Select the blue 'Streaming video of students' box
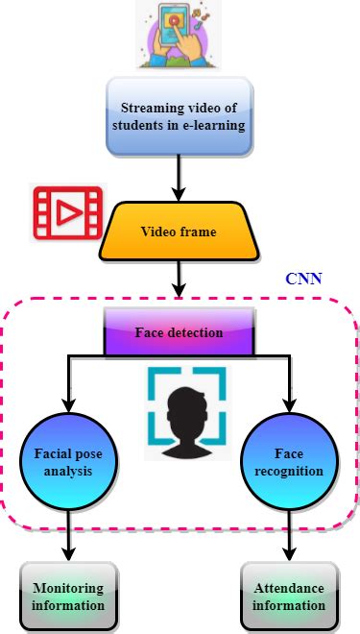click(180, 119)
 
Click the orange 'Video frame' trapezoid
click(180, 232)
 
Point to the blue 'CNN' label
click(304, 280)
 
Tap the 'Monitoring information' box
click(68, 597)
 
